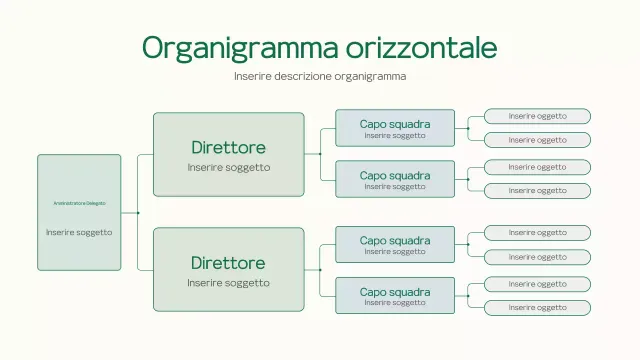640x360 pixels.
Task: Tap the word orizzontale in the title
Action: [x=422, y=47]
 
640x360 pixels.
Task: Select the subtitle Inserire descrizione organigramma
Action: [x=320, y=76]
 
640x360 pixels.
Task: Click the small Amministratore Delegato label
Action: [x=79, y=203]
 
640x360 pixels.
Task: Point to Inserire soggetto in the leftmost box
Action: [x=79, y=232]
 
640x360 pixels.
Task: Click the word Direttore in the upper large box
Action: [x=228, y=148]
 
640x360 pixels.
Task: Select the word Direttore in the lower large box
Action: [x=228, y=263]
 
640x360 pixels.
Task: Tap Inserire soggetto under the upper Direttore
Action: [x=228, y=167]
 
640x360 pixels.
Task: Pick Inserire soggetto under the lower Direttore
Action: [x=228, y=282]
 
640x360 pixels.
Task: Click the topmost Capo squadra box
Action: [x=395, y=128]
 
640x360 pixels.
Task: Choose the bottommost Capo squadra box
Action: [x=395, y=296]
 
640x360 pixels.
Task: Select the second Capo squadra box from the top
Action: [x=395, y=179]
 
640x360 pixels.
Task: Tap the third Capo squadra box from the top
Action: [x=395, y=244]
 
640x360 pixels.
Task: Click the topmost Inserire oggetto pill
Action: [x=537, y=116]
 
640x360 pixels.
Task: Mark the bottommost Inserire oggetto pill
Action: [x=537, y=308]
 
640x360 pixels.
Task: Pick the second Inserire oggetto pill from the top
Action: [x=537, y=140]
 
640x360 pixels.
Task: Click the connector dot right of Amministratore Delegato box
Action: [x=137, y=213]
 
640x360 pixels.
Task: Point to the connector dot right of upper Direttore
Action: [x=320, y=154]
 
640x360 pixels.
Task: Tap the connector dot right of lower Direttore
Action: [x=320, y=270]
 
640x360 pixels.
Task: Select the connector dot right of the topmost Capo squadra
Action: [x=468, y=128]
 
